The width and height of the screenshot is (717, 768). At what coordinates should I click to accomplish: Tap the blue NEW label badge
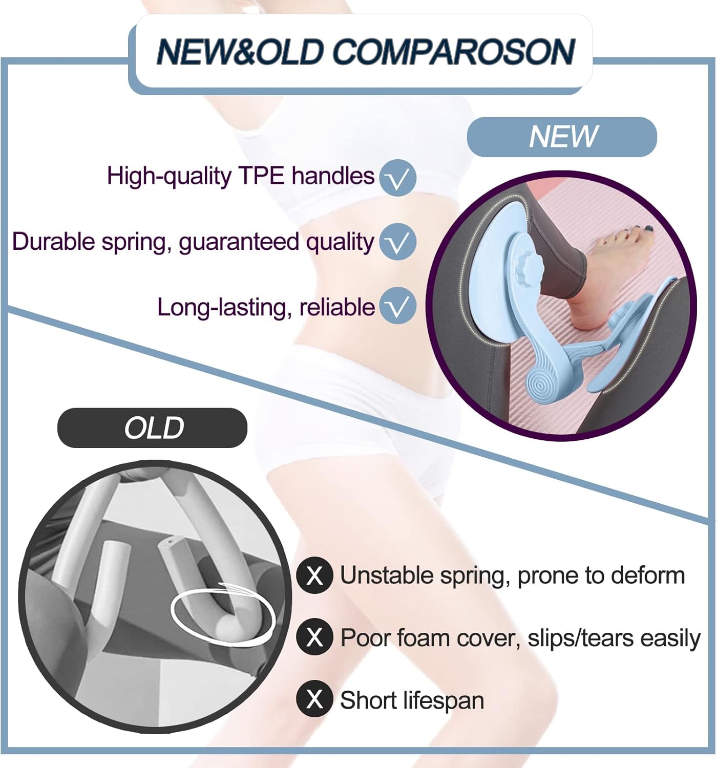[561, 137]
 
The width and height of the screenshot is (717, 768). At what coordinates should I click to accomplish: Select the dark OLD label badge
[152, 428]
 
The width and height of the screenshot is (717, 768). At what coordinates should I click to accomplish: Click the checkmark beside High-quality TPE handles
[397, 177]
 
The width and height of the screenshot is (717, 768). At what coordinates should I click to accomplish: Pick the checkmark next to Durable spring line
[397, 241]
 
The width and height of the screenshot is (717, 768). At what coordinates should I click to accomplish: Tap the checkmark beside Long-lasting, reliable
[397, 305]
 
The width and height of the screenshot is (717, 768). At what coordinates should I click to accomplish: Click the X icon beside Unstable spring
[314, 575]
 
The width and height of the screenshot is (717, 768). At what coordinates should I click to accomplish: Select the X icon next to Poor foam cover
[314, 637]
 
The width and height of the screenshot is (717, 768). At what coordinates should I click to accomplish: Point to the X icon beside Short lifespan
[314, 699]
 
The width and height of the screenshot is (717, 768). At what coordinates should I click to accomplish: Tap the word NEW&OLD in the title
[240, 51]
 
